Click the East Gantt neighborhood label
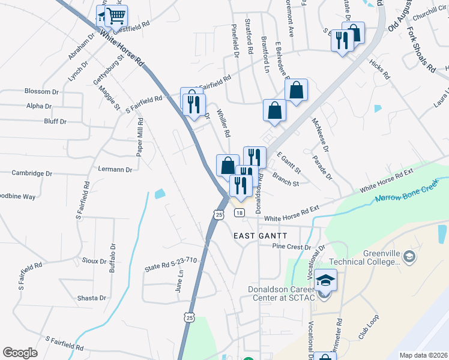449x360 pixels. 261,236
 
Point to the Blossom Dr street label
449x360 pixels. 41,92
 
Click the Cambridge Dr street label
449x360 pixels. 32,173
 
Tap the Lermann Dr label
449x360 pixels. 115,170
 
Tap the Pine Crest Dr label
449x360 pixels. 292,247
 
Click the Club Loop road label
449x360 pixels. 370,327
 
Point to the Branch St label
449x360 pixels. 285,180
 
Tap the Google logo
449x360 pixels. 20,353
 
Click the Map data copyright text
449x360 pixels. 423,355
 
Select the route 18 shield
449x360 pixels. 240,213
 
